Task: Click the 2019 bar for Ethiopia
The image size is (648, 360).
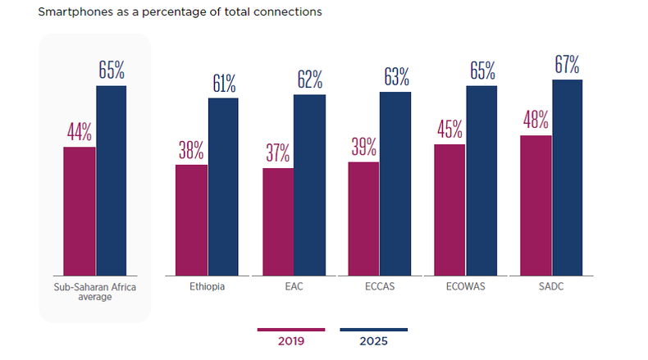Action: coord(191,220)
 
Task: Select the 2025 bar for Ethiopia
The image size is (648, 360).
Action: coord(223,186)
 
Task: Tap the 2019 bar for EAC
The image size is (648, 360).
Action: coord(278,221)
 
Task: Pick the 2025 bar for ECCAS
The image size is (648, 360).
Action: coord(395,184)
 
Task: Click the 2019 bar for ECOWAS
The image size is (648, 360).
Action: coord(450,209)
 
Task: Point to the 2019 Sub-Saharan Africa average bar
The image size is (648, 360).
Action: coord(80,211)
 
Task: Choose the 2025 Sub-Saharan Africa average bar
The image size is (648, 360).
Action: coord(112,180)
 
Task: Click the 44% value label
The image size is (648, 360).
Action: coord(80,132)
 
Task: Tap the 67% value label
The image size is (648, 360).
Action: coord(567,64)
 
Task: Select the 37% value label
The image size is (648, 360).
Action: coord(278,153)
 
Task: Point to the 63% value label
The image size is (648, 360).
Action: coord(395,77)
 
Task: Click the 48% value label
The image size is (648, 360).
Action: coord(536,120)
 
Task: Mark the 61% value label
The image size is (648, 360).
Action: coord(223,83)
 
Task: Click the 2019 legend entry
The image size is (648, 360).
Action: coord(291,339)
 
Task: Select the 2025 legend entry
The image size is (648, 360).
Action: coord(372,339)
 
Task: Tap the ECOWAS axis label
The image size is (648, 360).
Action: coord(464,287)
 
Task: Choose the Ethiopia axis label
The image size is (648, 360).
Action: coord(207,287)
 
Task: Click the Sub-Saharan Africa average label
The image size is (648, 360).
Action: coord(94,292)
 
